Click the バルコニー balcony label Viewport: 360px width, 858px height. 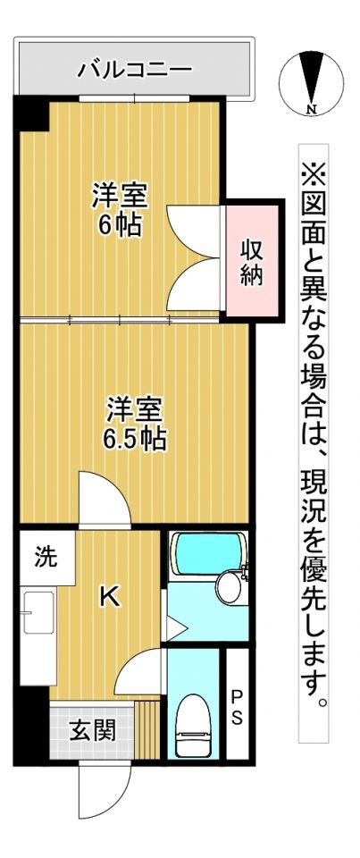click(134, 68)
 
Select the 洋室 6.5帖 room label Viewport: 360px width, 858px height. click(135, 424)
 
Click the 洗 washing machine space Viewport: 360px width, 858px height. click(45, 558)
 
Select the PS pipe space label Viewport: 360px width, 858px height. click(237, 705)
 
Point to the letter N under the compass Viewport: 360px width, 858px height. click(312, 111)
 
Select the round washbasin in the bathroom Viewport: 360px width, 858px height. click(229, 587)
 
